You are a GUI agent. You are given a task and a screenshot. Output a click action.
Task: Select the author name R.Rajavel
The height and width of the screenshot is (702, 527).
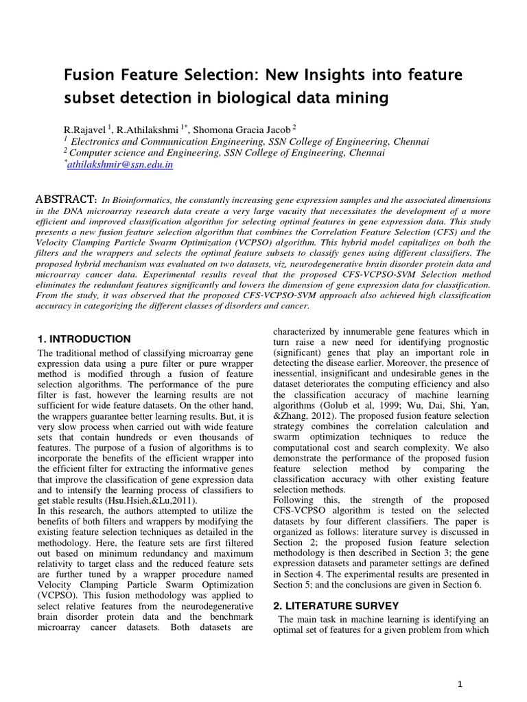click(x=85, y=130)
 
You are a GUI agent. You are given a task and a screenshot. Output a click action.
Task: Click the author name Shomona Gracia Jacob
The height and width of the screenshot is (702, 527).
click(x=256, y=130)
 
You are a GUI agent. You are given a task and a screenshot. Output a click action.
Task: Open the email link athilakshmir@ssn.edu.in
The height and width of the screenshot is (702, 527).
click(x=120, y=165)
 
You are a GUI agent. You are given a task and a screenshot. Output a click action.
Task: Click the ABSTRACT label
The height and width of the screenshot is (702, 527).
click(x=66, y=199)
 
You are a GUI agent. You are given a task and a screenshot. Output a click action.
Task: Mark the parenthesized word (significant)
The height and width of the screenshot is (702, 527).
click(x=298, y=352)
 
